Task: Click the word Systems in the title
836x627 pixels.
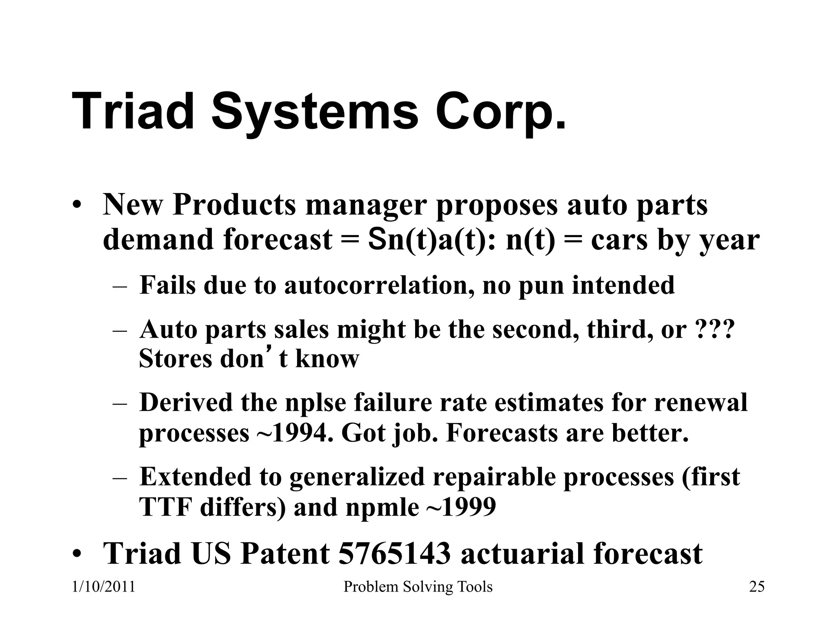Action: [x=315, y=111]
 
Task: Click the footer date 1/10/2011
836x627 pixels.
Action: [x=103, y=587]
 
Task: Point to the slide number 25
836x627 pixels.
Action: [x=757, y=587]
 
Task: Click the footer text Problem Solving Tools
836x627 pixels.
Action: [x=418, y=587]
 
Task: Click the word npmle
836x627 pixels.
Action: [x=382, y=508]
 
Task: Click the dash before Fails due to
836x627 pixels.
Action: [x=120, y=286]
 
